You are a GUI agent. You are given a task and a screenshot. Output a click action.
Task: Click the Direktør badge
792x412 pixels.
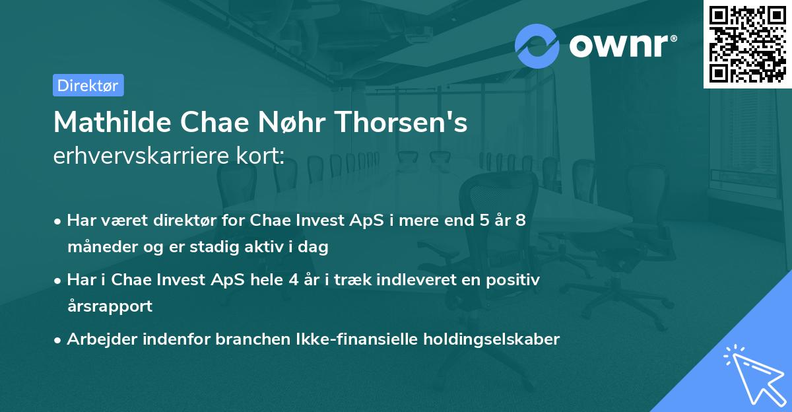[88, 85]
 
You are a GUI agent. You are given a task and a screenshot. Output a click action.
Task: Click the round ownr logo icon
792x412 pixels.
[537, 46]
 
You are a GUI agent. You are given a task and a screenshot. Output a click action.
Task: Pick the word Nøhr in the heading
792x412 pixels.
[299, 122]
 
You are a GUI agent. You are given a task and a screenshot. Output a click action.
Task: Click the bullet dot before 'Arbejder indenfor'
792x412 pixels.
[58, 340]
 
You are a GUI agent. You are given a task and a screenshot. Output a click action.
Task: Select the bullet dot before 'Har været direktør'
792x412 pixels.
[58, 221]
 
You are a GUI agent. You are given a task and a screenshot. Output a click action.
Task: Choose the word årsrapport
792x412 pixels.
[110, 306]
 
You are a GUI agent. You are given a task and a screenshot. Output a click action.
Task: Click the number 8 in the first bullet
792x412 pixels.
[520, 221]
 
